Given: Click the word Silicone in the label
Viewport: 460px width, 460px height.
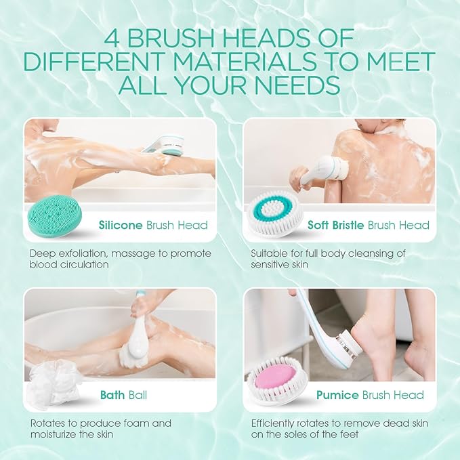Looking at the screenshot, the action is [121, 225].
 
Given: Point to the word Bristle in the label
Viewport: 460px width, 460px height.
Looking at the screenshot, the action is [348, 225].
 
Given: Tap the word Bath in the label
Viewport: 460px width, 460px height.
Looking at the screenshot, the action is [112, 395].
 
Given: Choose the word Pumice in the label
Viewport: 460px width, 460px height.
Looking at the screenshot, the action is [337, 395].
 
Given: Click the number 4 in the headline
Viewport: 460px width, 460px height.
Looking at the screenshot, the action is [112, 39].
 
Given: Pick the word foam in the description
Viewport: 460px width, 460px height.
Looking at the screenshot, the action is [134, 423].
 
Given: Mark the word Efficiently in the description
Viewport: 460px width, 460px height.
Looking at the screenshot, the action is [272, 423].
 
